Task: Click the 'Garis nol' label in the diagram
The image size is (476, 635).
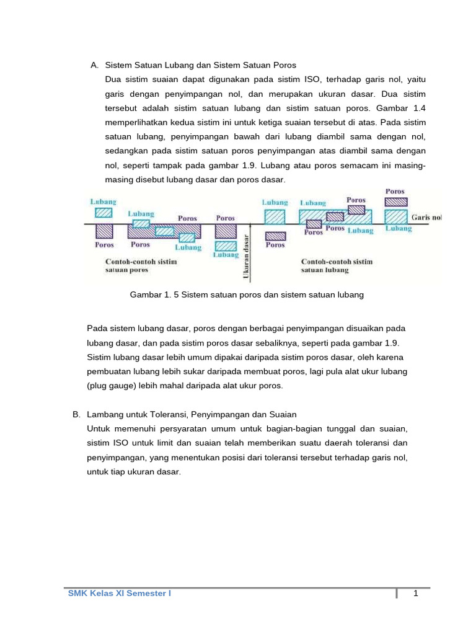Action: tap(426, 218)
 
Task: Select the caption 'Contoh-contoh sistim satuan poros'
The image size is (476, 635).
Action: tap(141, 265)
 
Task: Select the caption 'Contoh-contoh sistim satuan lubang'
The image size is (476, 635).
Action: tap(337, 265)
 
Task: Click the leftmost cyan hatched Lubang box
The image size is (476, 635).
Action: tap(104, 212)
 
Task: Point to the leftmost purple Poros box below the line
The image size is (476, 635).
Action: tap(104, 231)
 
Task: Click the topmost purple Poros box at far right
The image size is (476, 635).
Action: tap(395, 202)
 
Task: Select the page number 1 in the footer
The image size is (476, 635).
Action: tap(416, 593)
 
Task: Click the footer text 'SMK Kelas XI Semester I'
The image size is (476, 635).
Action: tap(119, 593)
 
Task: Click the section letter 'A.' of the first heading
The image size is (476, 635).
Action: tap(95, 64)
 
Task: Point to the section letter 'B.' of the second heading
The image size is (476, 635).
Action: tap(77, 414)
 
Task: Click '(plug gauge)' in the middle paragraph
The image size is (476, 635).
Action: tap(110, 385)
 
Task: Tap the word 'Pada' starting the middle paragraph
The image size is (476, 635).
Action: tap(97, 328)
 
